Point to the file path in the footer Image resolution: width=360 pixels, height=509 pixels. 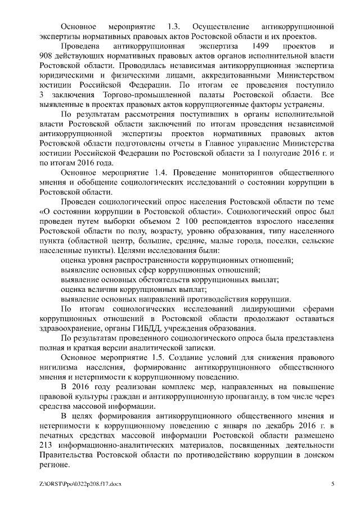pyautogui.click(x=81, y=484)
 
